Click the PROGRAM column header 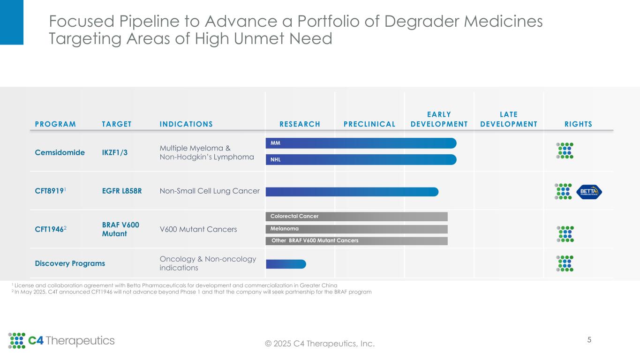pyautogui.click(x=55, y=124)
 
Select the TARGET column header pyautogui.click(x=117, y=124)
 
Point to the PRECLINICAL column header pyautogui.click(x=369, y=124)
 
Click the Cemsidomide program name pyautogui.click(x=60, y=153)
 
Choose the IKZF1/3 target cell pyautogui.click(x=114, y=153)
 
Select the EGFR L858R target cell pyautogui.click(x=122, y=191)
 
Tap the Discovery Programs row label pyautogui.click(x=70, y=263)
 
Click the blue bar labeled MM pyautogui.click(x=361, y=143)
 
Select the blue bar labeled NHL pyautogui.click(x=361, y=160)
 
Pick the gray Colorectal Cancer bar pyautogui.click(x=356, y=216)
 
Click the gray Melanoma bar pyautogui.click(x=356, y=229)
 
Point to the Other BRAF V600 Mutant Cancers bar pyautogui.click(x=356, y=240)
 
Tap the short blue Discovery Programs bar pyautogui.click(x=286, y=264)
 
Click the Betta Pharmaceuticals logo pyautogui.click(x=589, y=191)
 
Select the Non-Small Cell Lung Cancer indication pyautogui.click(x=210, y=191)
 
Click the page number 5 pyautogui.click(x=589, y=340)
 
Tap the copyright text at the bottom pyautogui.click(x=320, y=344)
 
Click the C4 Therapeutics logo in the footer pyautogui.click(x=61, y=341)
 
